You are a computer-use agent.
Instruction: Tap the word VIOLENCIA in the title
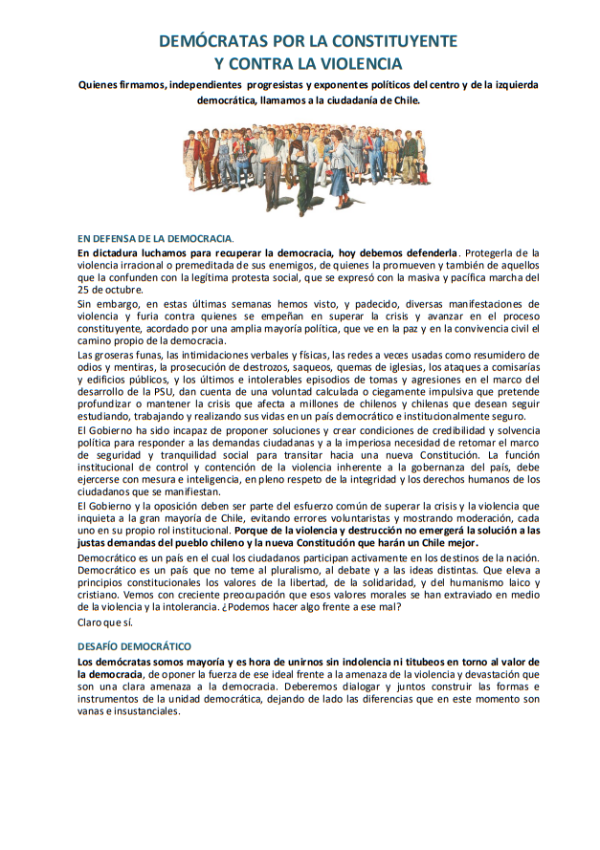click(355, 64)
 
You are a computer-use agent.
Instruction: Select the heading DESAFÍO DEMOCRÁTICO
click(134, 646)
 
